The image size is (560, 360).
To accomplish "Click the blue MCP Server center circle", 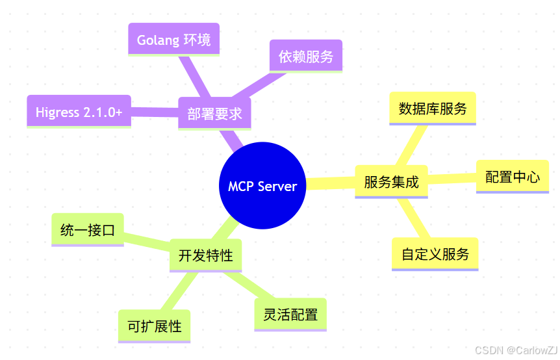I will (x=262, y=186).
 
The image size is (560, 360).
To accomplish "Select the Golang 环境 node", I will (x=173, y=40).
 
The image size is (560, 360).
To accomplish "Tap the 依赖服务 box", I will (x=305, y=57).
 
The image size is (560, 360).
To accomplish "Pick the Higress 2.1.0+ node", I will (x=79, y=112).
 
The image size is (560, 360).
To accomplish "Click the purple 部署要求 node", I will (x=214, y=114).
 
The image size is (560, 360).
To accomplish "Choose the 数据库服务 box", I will (x=433, y=109).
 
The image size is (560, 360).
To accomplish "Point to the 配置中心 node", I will (x=512, y=177).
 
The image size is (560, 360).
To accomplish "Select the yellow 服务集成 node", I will (x=391, y=182).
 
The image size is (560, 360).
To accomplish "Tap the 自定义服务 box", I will (x=435, y=254).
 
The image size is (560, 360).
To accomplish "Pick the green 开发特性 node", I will (x=205, y=255).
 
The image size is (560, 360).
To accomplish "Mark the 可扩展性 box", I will (x=154, y=326).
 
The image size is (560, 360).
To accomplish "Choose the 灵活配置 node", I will (x=290, y=315).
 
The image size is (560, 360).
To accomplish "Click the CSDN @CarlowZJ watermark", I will (x=516, y=350).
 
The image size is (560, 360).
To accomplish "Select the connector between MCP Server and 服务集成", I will (x=330, y=184).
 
